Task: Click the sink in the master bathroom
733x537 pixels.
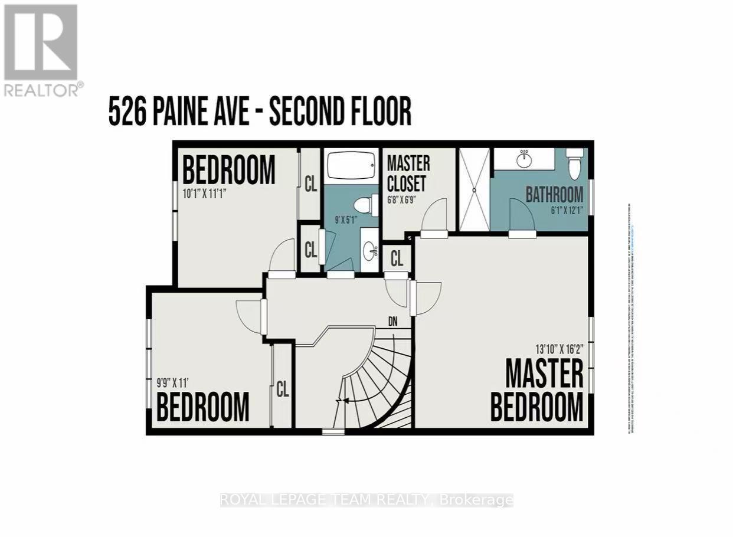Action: coord(523,158)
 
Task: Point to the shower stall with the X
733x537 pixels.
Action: coord(475,189)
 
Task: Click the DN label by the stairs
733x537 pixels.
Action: coord(396,322)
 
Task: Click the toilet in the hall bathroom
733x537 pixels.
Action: coord(365,205)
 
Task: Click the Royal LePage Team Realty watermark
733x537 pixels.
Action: coord(366,500)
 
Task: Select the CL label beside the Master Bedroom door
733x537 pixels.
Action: coord(397,258)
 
